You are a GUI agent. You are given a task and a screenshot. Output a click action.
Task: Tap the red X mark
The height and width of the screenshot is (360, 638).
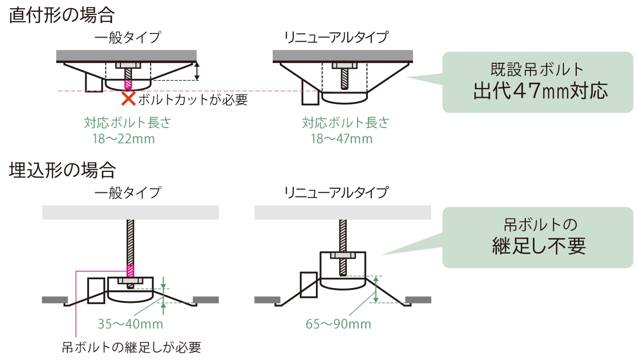coord(128,98)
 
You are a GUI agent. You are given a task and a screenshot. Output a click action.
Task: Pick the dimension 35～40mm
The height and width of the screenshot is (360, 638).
coord(130,324)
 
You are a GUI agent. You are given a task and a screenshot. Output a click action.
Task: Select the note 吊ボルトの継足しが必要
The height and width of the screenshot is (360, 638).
coord(131,347)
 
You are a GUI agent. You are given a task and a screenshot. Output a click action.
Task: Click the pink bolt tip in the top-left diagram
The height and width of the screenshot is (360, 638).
coord(128,83)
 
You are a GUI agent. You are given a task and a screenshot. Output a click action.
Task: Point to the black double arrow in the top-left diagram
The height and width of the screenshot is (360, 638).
coord(197,71)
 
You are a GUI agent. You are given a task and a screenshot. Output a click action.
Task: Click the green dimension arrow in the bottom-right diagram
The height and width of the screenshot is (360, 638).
coord(376,289)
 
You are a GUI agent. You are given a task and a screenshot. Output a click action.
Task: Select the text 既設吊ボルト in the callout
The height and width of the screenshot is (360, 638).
coord(538,68)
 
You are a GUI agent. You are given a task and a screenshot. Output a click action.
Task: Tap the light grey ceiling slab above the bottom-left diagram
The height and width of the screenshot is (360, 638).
coord(131,212)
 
